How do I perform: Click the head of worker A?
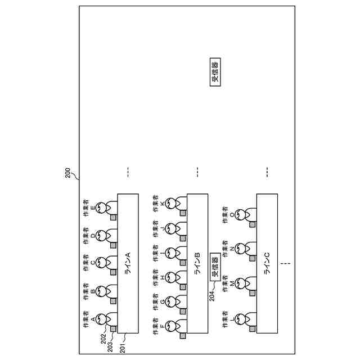click(x=101, y=319)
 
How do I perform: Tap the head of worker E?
click(x=101, y=208)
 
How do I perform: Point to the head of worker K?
click(x=171, y=203)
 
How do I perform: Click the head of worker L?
click(x=241, y=319)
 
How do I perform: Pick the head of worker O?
click(x=241, y=214)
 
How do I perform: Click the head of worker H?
click(x=171, y=277)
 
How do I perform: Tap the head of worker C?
click(x=101, y=262)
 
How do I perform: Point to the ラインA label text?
click(x=128, y=263)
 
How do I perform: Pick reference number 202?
click(x=103, y=338)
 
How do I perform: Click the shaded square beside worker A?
click(x=113, y=328)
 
